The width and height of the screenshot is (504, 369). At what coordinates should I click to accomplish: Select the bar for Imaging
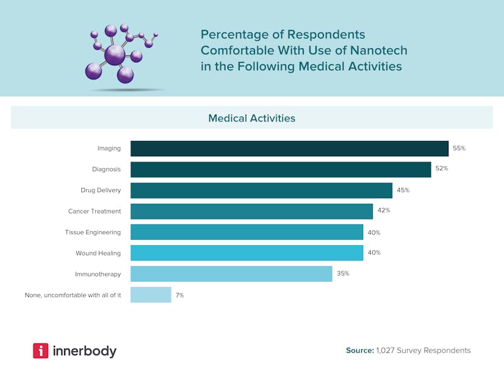[x=289, y=148]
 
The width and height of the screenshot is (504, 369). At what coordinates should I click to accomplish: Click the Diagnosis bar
[x=281, y=169]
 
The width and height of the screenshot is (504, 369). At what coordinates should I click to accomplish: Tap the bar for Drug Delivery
[x=261, y=190]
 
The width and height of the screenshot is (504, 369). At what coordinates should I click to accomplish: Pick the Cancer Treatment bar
[x=251, y=211]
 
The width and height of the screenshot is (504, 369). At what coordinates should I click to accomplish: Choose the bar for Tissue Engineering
[x=247, y=232]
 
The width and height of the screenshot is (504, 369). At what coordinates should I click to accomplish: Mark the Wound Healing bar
[x=247, y=253]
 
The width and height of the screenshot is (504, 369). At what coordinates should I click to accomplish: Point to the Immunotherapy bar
[x=231, y=274]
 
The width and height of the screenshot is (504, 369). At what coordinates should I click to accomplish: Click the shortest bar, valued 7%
[x=151, y=295]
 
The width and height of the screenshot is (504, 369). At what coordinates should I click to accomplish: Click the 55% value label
[x=459, y=148]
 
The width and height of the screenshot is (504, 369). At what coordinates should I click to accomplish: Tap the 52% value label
[x=442, y=168]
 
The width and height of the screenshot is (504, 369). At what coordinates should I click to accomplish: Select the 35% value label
[x=343, y=273]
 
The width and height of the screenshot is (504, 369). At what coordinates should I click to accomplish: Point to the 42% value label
[x=383, y=210]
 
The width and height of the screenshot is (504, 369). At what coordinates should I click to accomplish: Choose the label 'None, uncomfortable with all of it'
[x=73, y=295]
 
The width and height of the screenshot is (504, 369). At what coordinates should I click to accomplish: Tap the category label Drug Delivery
[x=101, y=190]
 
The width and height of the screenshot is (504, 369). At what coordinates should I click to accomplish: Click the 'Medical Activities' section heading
[x=251, y=118]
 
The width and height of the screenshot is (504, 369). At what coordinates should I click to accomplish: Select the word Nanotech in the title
[x=379, y=50]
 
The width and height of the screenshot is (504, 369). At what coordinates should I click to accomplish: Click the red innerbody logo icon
[x=40, y=351]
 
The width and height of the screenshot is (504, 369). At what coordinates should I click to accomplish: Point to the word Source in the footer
[x=359, y=351]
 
